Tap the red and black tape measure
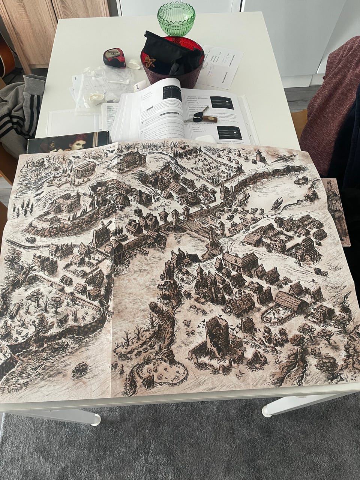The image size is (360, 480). [114, 58]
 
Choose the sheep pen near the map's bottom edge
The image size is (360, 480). [157, 369]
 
